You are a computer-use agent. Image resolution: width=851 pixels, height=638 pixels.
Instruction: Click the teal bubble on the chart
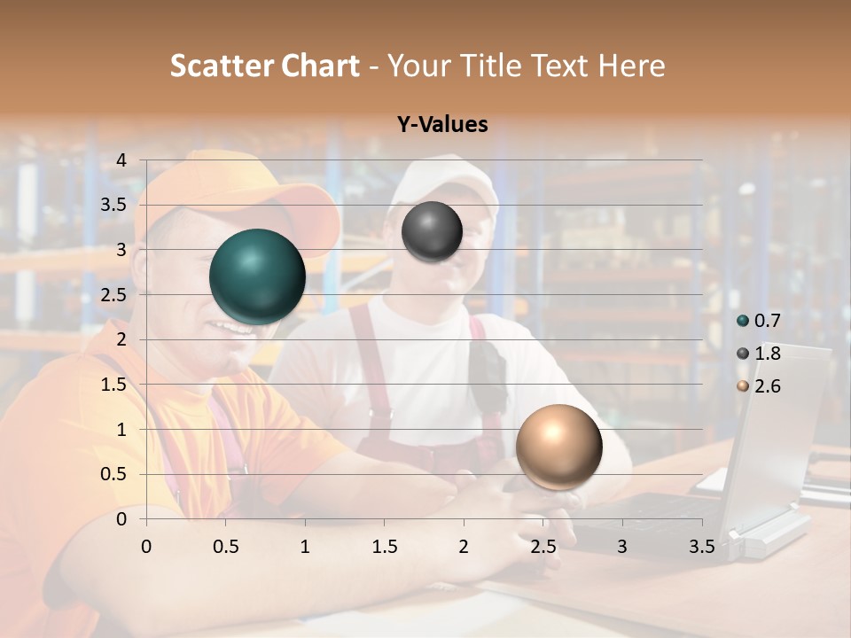[x=257, y=276]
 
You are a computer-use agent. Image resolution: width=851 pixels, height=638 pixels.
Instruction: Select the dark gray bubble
[x=432, y=232]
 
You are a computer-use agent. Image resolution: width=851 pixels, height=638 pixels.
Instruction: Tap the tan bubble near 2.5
[x=558, y=447]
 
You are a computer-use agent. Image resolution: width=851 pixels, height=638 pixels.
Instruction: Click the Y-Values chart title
[x=441, y=125]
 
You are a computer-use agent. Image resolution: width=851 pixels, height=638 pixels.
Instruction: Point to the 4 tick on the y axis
[x=121, y=160]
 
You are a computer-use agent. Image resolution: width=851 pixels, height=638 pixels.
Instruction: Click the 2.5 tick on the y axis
[x=113, y=295]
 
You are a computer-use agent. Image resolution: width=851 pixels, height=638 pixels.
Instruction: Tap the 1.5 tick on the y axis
[x=113, y=385]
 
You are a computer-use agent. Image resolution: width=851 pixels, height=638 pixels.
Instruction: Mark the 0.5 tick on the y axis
[x=113, y=474]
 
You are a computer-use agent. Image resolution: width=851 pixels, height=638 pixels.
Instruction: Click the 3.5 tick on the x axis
[x=701, y=547]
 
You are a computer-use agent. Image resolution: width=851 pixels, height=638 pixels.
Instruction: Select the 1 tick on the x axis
[x=305, y=547]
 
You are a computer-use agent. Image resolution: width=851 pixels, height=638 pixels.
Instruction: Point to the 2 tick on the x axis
[x=464, y=547]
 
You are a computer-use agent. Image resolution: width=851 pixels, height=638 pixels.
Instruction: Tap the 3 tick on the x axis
[x=622, y=547]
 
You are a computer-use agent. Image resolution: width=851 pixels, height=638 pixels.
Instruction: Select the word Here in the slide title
[x=631, y=66]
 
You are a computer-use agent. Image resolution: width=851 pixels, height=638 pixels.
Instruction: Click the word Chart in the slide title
[x=322, y=66]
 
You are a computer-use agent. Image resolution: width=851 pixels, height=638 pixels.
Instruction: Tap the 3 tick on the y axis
[x=121, y=251]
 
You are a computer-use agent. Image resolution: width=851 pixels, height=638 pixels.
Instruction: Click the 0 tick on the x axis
[x=146, y=547]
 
